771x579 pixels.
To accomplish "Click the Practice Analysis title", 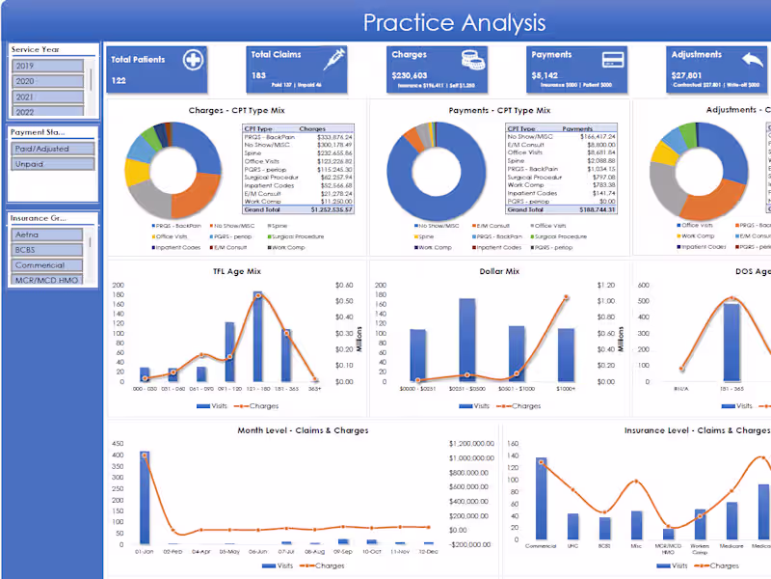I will tap(454, 22).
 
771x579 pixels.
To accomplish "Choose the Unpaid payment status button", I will tap(53, 164).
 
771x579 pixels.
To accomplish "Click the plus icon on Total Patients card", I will tap(193, 60).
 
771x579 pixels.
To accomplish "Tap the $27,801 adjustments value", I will tap(686, 75).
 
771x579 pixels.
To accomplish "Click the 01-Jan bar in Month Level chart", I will tap(145, 497).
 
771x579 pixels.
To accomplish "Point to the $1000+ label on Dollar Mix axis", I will tap(566, 388).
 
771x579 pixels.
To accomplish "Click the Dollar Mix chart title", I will tap(499, 271).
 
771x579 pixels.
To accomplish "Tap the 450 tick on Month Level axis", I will tap(118, 444).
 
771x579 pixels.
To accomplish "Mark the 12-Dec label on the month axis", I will tap(429, 551).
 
